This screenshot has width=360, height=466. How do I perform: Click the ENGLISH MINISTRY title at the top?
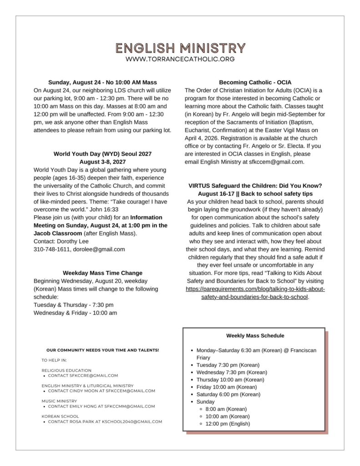180,48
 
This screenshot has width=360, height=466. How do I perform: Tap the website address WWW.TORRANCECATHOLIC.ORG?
180,59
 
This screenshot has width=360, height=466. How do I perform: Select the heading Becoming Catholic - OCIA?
254,82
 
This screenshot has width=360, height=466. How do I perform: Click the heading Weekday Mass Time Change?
102,273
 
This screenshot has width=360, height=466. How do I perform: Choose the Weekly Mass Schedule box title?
255,336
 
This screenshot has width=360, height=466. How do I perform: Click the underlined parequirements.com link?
255,293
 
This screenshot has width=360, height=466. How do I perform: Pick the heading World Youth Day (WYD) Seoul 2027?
102,154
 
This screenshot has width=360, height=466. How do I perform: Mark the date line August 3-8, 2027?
102,162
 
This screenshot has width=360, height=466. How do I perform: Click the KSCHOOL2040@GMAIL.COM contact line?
105,422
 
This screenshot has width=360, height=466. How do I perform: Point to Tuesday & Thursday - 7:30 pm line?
74,305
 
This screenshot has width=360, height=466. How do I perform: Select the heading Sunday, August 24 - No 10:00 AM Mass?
102,82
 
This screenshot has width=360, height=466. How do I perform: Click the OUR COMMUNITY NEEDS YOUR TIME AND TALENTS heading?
102,350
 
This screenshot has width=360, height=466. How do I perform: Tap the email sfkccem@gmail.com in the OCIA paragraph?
273,162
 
